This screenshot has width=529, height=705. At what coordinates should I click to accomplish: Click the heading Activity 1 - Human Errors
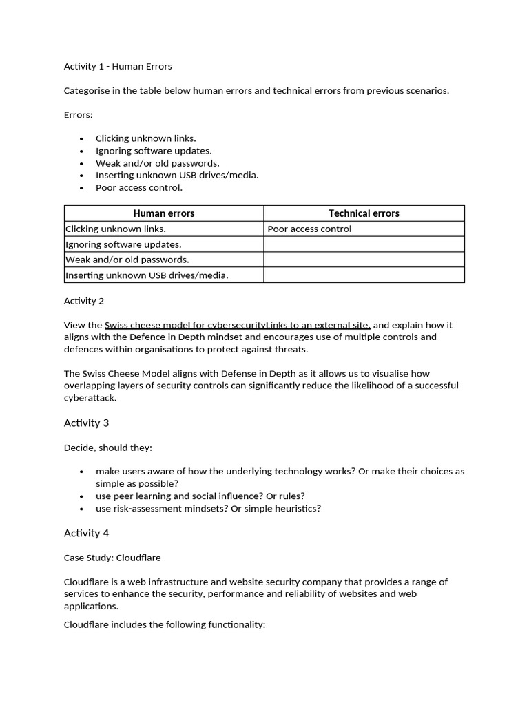click(118, 67)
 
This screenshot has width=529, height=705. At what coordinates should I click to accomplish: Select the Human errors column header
click(164, 213)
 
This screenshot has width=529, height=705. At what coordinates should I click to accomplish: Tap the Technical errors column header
click(364, 213)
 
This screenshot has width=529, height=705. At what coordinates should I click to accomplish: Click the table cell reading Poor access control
click(309, 229)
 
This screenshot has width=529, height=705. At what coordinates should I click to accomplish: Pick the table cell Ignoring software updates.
click(123, 244)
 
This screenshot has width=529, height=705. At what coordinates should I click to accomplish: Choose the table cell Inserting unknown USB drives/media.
click(147, 275)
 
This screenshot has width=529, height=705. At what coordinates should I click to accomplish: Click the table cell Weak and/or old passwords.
click(127, 260)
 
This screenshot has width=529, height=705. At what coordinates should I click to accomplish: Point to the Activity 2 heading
click(84, 301)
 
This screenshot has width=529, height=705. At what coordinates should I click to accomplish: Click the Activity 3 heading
click(86, 423)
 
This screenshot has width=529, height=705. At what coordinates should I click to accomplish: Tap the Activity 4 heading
click(86, 533)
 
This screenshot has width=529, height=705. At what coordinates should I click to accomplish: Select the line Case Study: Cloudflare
click(112, 558)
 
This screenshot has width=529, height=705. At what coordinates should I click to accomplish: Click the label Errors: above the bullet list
click(78, 114)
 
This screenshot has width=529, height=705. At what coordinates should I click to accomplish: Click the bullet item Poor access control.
click(139, 188)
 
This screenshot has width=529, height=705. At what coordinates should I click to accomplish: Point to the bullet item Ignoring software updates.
click(154, 151)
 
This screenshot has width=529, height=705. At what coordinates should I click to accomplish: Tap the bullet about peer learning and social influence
click(200, 496)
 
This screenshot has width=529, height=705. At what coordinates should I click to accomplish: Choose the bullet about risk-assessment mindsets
click(208, 509)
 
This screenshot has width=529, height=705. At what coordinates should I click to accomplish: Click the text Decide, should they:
click(108, 448)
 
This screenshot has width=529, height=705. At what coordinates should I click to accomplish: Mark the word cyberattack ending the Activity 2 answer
click(90, 398)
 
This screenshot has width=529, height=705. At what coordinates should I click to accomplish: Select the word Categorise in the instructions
click(86, 91)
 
